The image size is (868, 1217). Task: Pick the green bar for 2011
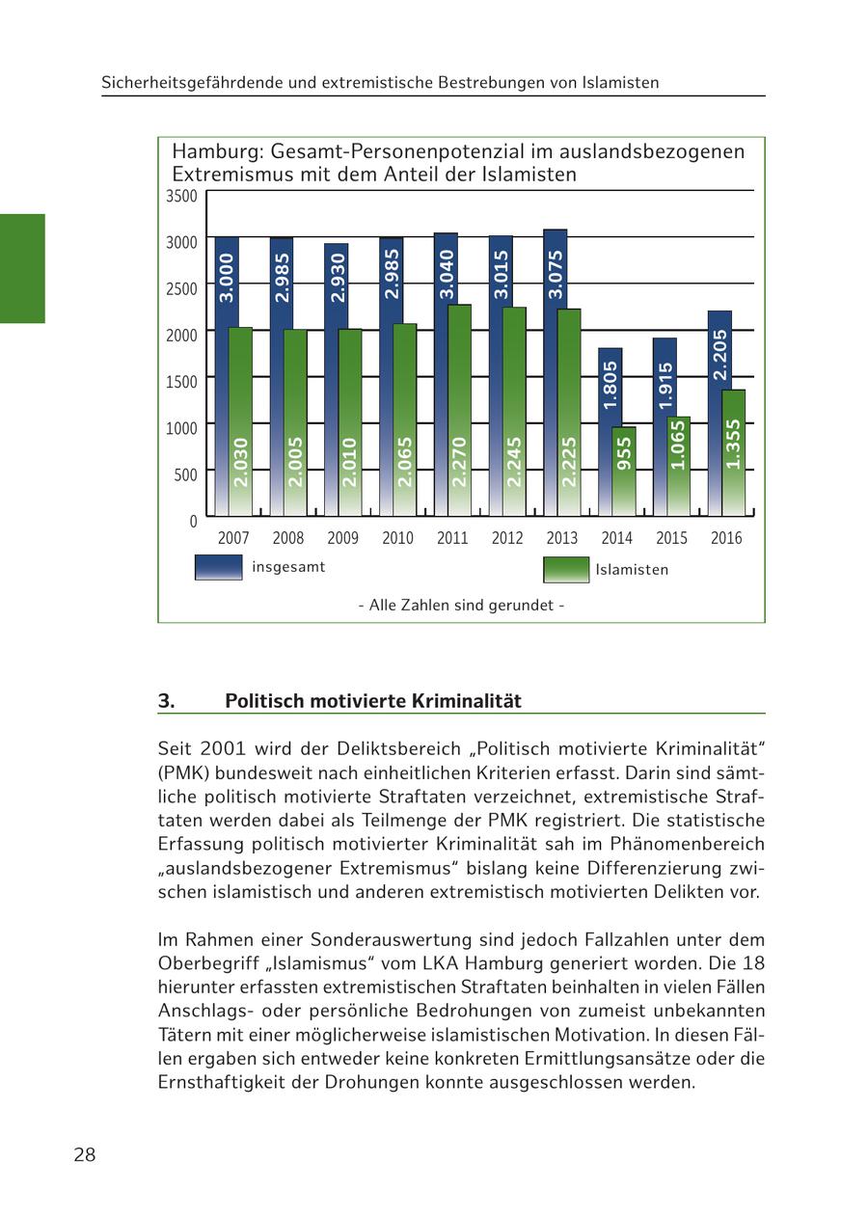tap(459, 405)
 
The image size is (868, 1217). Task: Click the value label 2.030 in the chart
tap(241, 462)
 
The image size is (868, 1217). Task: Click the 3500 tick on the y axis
tap(181, 197)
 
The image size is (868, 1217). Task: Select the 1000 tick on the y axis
tap(181, 428)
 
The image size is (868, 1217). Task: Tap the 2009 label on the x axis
tap(342, 538)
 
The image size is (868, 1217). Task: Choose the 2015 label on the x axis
tap(671, 538)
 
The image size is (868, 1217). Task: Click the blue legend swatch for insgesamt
tap(218, 567)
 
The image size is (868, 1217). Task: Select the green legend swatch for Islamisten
tap(566, 570)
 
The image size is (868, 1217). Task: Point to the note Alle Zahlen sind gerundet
tap(461, 606)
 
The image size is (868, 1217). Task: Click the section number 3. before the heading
tap(167, 701)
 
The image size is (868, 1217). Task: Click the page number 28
tap(85, 1155)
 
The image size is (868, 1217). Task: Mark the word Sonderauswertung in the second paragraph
tap(383, 939)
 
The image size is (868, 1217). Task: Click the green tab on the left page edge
tap(22, 268)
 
